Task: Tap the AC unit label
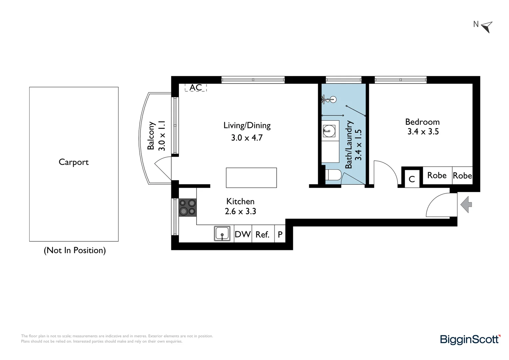click(x=196, y=88)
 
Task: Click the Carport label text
click(x=74, y=162)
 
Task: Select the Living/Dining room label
click(x=247, y=126)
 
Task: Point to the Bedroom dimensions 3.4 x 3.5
click(x=423, y=132)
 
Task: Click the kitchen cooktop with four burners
click(x=188, y=207)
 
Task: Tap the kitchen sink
click(x=222, y=233)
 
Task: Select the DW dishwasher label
click(x=243, y=234)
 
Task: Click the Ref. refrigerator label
click(x=262, y=235)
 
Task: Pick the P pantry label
click(x=280, y=235)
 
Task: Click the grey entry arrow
click(x=466, y=204)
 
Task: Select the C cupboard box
click(x=411, y=179)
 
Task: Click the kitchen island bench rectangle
click(x=251, y=178)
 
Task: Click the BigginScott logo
click(x=470, y=339)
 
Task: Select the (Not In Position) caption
click(x=75, y=250)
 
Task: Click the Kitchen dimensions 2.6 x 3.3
click(x=240, y=211)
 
